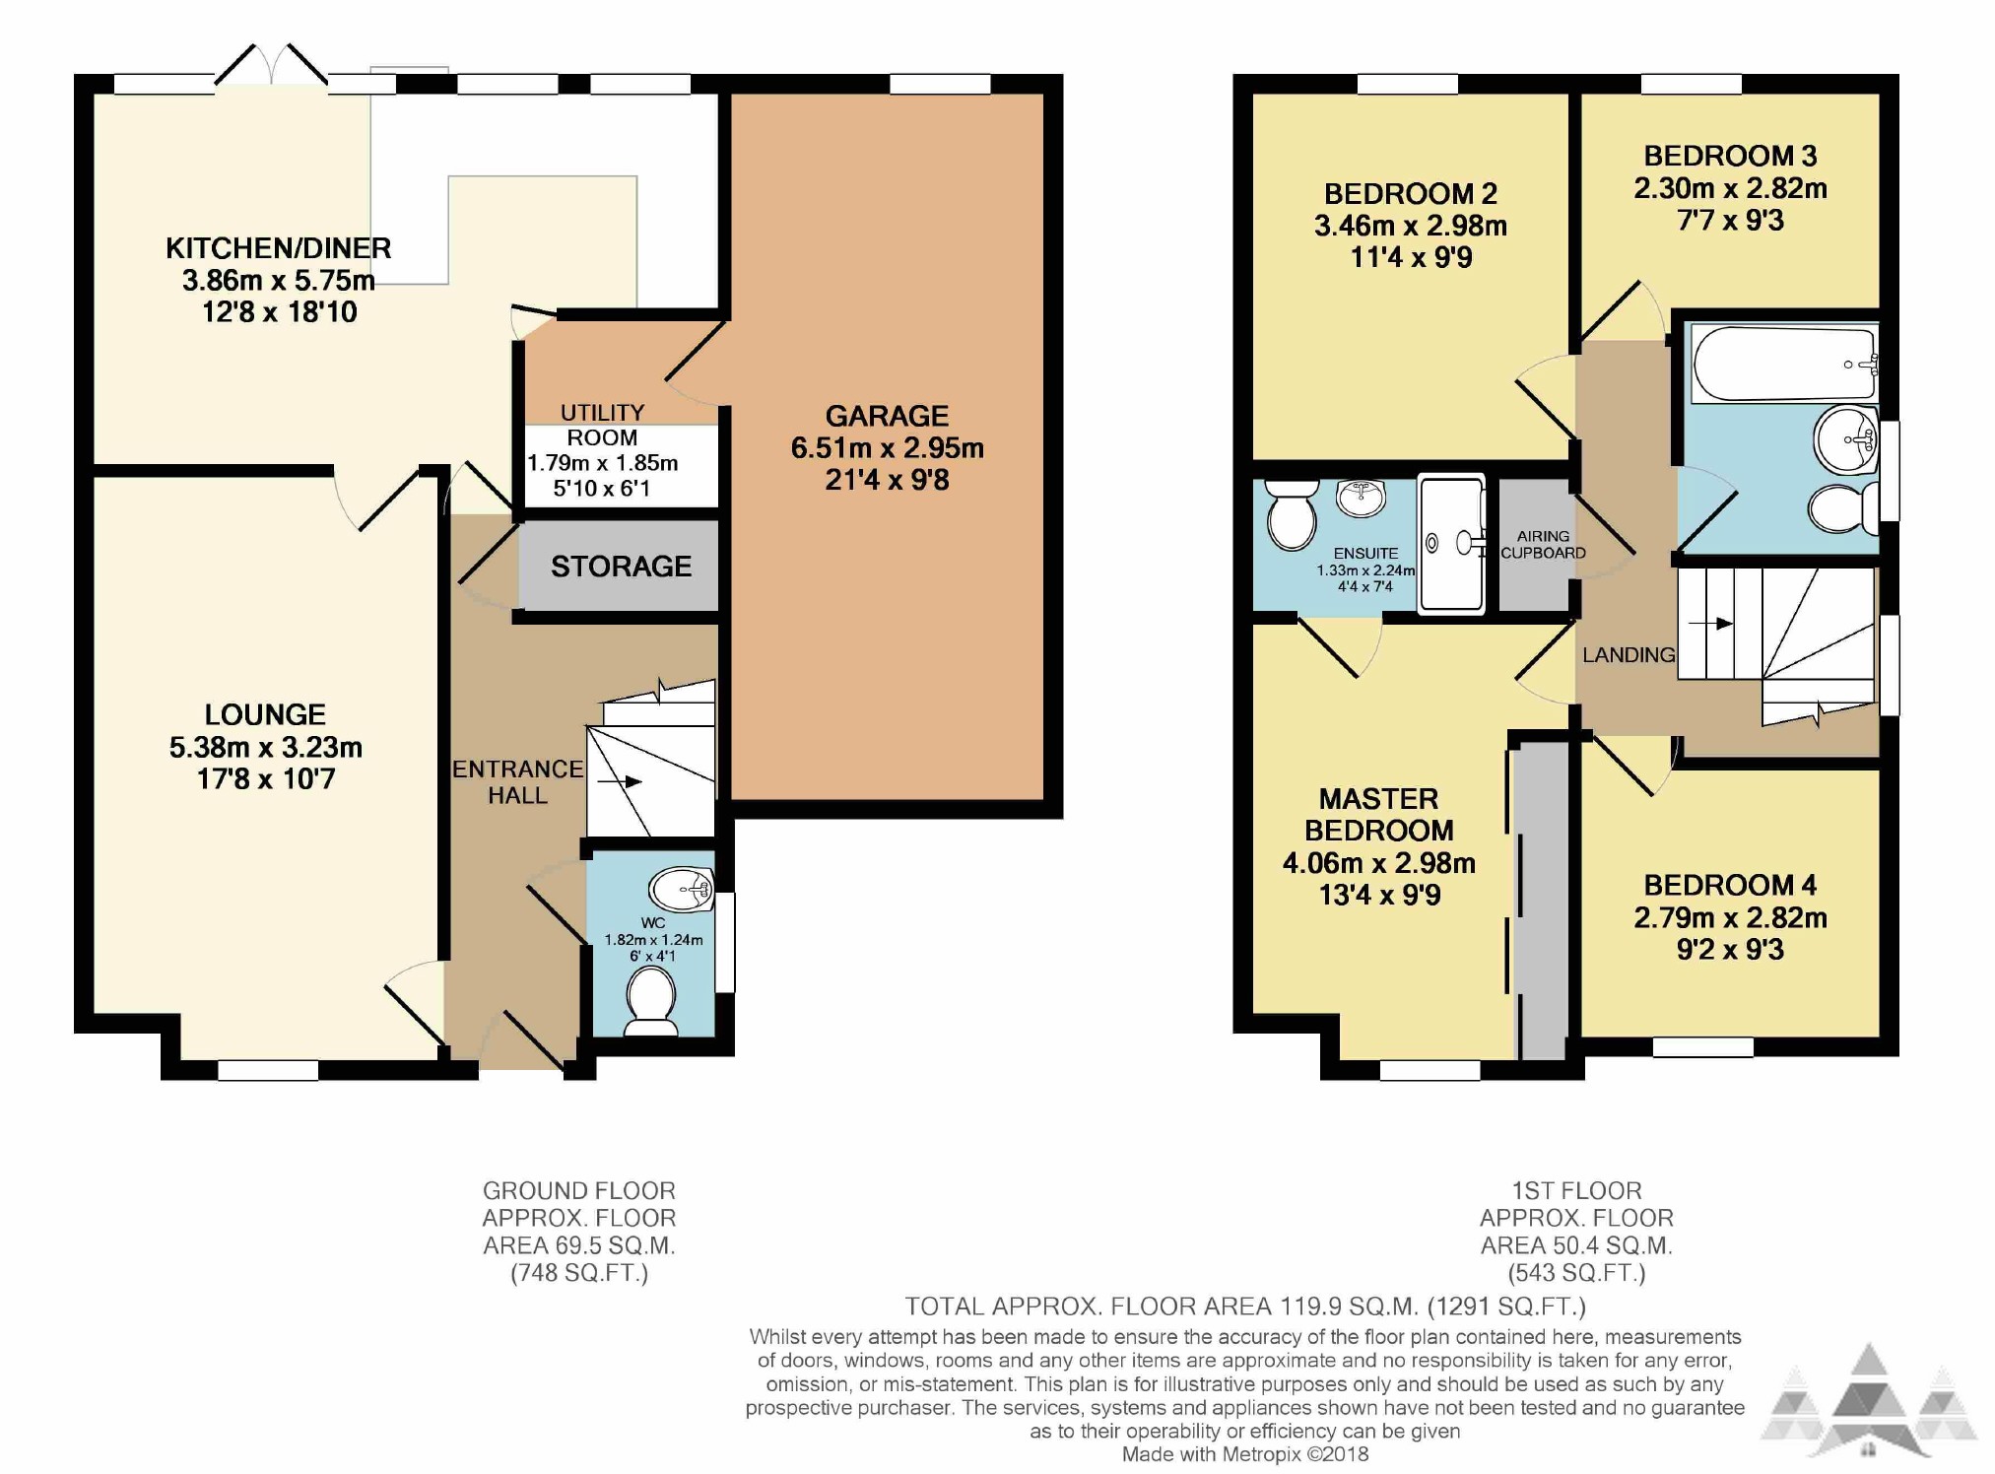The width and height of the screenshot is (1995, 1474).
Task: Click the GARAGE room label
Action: [887, 416]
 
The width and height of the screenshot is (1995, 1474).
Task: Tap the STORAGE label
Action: [621, 567]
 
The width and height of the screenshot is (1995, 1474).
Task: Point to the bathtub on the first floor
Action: [1784, 364]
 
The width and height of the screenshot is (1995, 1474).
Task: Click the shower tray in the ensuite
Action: [1451, 545]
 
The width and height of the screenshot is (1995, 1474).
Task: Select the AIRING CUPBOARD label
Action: [1543, 545]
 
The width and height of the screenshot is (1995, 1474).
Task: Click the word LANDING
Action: [1629, 655]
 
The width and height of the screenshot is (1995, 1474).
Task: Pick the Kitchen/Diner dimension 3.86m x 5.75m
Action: [279, 281]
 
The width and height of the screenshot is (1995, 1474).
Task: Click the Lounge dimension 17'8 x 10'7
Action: [266, 779]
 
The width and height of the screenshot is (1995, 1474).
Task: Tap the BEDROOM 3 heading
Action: [1730, 156]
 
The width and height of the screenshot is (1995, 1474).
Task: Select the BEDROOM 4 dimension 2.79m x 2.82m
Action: [1730, 918]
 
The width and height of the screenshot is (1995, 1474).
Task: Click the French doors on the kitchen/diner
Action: [271, 65]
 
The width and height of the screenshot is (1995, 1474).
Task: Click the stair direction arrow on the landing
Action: [1710, 624]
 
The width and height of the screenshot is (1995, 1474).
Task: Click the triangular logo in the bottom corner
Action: [1869, 1403]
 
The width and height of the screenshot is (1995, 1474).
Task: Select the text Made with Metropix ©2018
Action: [1245, 1454]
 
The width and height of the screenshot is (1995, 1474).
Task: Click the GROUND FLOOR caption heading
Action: [578, 1191]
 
